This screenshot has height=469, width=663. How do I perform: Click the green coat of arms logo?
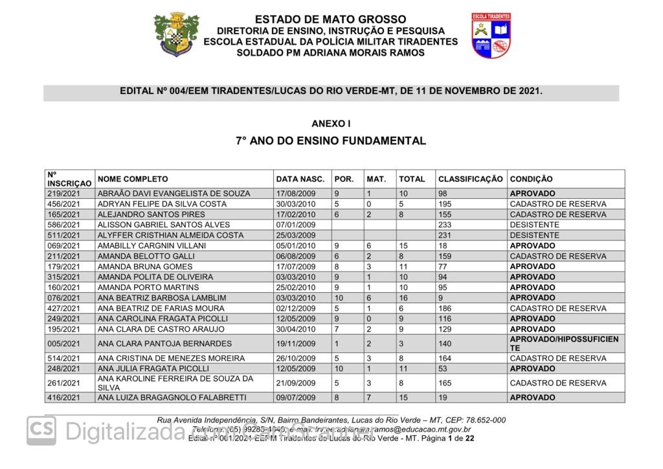[x=176, y=35]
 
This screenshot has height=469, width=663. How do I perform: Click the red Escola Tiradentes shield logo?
[x=491, y=35]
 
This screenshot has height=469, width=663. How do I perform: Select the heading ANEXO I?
[x=331, y=123]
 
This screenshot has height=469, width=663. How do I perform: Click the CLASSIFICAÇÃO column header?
[x=470, y=179]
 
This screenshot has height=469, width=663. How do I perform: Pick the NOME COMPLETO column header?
[x=133, y=179]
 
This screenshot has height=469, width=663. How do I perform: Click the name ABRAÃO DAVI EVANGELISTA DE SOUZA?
[x=173, y=194]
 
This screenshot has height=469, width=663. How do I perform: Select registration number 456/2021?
[x=63, y=204]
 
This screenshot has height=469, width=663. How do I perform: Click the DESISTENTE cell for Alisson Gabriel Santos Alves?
[x=534, y=225]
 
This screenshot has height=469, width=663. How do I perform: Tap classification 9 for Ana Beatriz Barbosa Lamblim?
[x=441, y=298]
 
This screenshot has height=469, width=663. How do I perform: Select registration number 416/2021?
[x=63, y=398]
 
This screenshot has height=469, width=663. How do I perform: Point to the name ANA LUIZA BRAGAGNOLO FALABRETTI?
[x=172, y=398]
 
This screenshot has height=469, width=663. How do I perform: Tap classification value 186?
[x=445, y=308]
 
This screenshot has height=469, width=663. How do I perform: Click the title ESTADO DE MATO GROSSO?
[x=330, y=19]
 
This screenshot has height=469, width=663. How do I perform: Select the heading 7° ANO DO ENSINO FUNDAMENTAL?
[x=330, y=141]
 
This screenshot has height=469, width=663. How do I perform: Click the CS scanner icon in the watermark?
[x=41, y=430]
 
